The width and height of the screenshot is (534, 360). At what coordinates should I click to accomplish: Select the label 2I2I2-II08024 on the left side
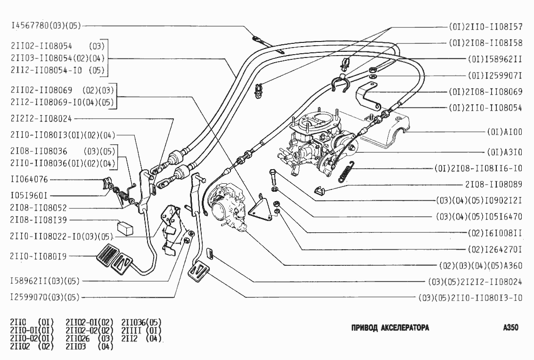[40, 118]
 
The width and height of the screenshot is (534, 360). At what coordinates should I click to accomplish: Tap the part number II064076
[29, 179]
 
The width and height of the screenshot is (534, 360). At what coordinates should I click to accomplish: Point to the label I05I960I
[29, 194]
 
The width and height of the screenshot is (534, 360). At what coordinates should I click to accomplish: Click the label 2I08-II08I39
[38, 220]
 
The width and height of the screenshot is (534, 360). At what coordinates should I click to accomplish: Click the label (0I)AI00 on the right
[504, 133]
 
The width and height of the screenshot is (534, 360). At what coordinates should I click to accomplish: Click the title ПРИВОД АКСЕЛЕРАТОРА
[390, 328]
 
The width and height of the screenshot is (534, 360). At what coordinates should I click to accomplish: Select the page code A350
[510, 328]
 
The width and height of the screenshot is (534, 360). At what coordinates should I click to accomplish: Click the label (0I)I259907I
[495, 75]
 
